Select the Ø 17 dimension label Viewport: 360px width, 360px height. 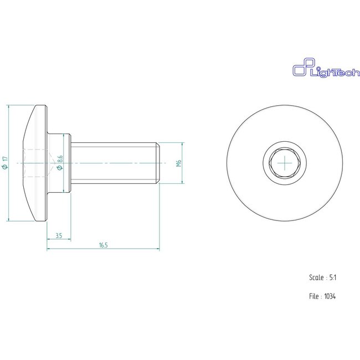[x=5, y=163]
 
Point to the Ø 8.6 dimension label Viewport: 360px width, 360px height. [x=60, y=162]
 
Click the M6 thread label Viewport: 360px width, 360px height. [x=179, y=163]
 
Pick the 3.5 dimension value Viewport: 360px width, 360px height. [x=58, y=236]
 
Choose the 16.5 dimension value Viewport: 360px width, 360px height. [x=103, y=244]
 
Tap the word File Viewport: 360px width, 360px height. [x=314, y=296]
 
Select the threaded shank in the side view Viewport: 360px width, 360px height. [x=114, y=163]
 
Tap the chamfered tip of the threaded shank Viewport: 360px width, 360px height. [x=159, y=163]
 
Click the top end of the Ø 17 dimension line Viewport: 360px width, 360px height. [x=10, y=105]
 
